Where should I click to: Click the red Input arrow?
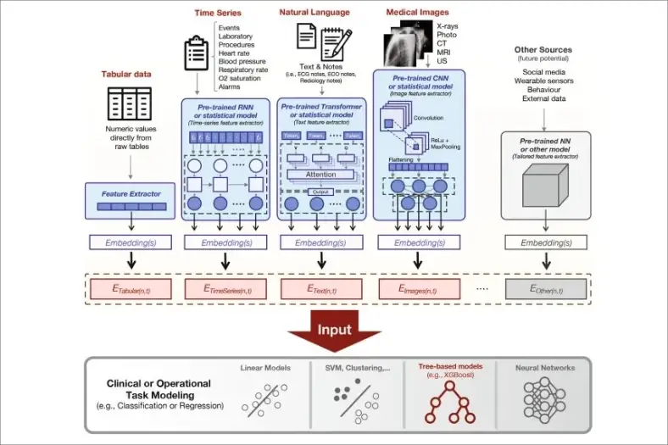333,332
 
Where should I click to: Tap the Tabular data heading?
127,74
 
